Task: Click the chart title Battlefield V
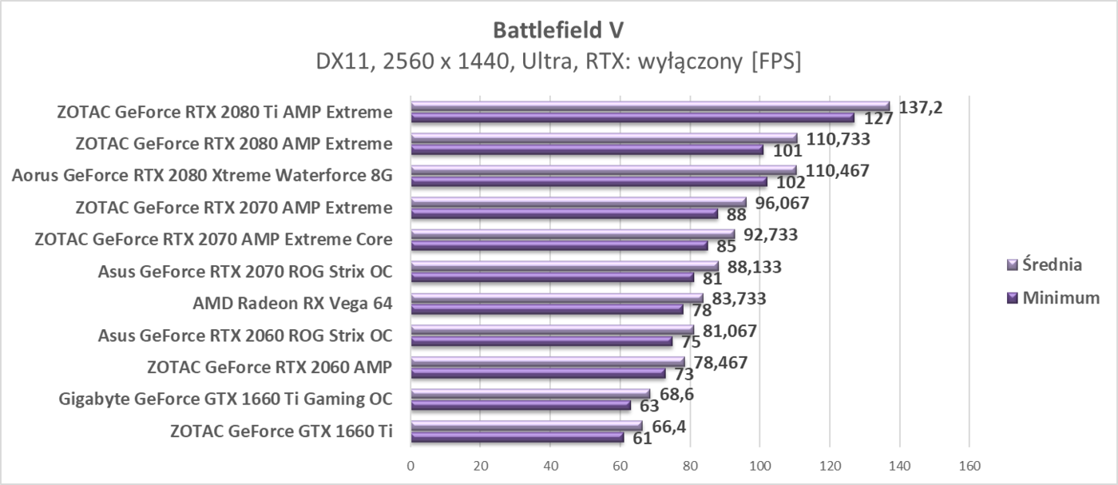coord(558,30)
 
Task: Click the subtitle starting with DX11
coord(558,62)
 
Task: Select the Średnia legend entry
coord(1053,264)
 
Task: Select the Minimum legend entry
coord(1053,297)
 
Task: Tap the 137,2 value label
coord(920,107)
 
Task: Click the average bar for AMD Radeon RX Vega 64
coord(557,298)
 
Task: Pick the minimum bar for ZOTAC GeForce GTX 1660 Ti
coord(517,437)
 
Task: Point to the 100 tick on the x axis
coord(759,465)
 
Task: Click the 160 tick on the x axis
coord(969,465)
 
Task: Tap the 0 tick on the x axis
coord(410,465)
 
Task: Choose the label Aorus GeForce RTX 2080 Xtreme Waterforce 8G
coord(202,176)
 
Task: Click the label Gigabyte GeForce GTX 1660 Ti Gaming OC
coord(225,399)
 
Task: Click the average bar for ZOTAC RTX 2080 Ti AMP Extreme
coord(650,106)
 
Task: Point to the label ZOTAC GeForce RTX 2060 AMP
coord(269,368)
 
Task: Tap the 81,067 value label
coord(725,331)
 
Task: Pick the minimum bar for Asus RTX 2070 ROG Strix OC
coord(552,277)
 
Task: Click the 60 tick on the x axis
coord(620,465)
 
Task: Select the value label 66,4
coord(668,427)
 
